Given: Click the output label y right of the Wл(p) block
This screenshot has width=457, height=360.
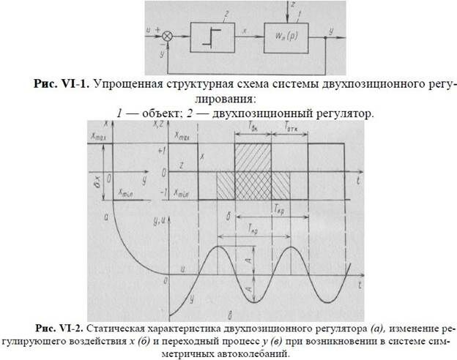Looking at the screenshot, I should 332,30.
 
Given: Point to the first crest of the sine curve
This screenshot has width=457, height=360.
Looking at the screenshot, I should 220,248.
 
